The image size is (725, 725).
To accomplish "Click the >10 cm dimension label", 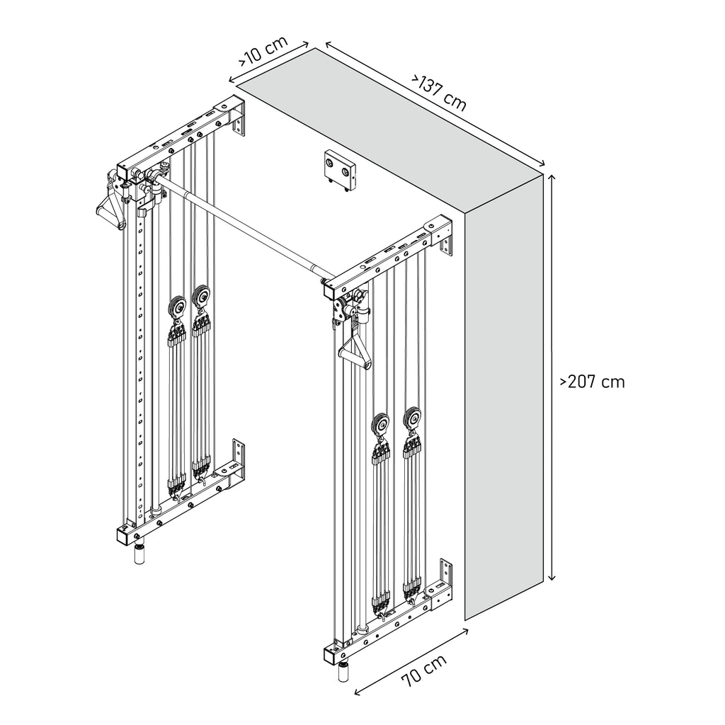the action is click(263, 51).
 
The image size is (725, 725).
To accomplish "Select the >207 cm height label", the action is click(593, 382).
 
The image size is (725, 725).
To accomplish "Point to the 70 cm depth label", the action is click(424, 671).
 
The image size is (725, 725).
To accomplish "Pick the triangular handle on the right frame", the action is click(355, 346).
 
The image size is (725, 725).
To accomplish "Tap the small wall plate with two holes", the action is click(341, 171).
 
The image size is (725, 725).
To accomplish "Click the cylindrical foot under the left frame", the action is click(139, 554).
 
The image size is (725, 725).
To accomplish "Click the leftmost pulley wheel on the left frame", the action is click(178, 307).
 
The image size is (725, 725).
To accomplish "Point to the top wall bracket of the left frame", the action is click(239, 121).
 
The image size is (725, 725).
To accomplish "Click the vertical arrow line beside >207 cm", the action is click(551, 377).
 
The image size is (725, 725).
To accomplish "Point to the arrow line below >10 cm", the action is click(268, 62).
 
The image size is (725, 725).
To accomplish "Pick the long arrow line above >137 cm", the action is click(435, 103).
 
